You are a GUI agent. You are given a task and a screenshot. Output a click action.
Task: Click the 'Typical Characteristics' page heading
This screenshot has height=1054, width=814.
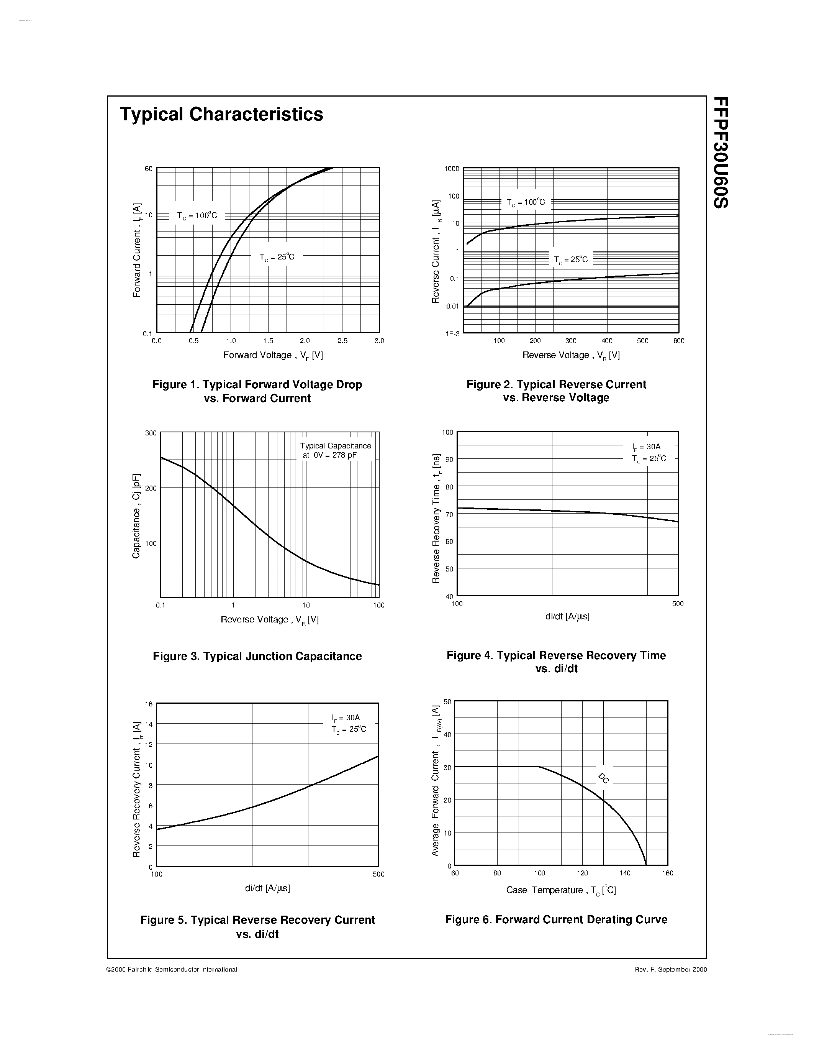pos(221,114)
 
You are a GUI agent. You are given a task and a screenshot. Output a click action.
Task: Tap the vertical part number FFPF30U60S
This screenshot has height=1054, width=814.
pos(721,153)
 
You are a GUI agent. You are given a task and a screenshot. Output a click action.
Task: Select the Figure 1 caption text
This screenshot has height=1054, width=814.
pos(257,391)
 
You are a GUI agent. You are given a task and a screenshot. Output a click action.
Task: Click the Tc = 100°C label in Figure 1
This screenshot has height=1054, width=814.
pos(197,216)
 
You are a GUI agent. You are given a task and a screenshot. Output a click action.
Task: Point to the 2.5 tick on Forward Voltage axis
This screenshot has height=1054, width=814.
pos(342,341)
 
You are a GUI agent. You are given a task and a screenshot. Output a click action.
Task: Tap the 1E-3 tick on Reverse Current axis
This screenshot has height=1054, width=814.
pos(452,333)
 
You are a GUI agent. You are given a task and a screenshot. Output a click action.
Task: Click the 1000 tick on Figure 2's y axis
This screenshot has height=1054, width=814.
pos(452,168)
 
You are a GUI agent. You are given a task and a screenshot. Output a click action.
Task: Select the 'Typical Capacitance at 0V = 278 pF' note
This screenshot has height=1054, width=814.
pos(335,450)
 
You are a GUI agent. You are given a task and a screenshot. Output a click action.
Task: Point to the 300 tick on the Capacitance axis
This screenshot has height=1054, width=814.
pos(151,433)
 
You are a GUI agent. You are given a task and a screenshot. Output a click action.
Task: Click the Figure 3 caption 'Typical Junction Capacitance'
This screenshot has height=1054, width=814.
pos(257,656)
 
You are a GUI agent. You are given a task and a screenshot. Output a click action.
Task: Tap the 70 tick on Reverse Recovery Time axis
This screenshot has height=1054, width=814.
pos(449,514)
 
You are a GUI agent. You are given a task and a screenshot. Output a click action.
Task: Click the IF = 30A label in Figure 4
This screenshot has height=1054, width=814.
pos(646,447)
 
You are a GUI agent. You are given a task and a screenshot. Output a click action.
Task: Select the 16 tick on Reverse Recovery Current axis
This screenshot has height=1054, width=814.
pos(149,704)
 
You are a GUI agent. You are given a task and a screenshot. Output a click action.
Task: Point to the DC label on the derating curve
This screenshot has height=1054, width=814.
pos(603,778)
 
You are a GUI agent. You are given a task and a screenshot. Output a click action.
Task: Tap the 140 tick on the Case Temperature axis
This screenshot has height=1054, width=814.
pos(625,873)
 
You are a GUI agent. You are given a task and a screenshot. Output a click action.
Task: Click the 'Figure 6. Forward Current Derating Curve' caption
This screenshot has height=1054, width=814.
pos(556,919)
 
